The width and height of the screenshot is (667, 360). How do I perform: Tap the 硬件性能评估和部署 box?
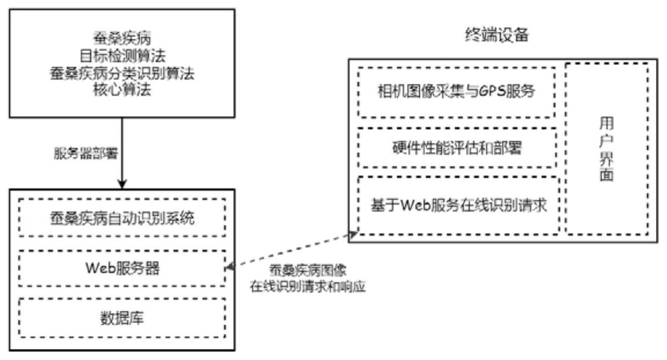pos(457,148)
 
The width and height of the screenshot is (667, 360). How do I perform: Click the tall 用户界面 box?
pos(606,148)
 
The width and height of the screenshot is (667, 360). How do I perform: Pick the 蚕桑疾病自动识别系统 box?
pos(121,219)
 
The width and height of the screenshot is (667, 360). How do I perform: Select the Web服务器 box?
pos(121,269)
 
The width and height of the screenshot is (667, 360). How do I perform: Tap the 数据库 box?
pos(121,318)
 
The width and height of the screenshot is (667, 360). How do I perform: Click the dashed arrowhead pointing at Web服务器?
pos(229,268)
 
